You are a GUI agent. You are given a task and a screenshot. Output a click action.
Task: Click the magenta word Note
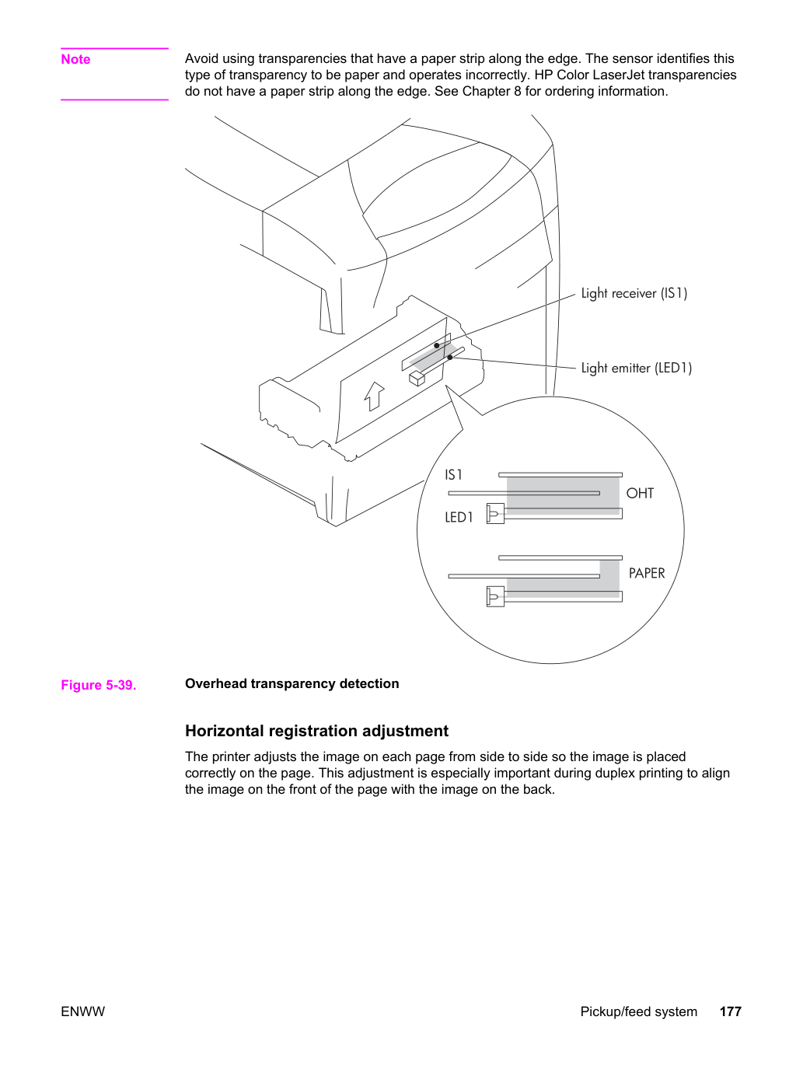75,59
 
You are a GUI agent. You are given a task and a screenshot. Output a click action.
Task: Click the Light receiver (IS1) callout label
634,293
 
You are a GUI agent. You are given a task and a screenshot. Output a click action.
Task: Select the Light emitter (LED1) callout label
637,368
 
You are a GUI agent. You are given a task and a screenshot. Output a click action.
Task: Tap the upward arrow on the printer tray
374,396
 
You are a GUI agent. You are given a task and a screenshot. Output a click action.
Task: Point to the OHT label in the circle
640,494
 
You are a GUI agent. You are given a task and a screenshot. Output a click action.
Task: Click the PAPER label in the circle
647,573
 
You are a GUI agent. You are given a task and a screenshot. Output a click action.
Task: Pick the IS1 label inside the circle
453,474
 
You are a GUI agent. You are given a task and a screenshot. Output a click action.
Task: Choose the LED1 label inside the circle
459,517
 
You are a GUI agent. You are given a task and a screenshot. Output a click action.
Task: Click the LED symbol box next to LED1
495,513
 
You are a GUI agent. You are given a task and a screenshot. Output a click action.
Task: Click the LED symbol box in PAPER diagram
495,596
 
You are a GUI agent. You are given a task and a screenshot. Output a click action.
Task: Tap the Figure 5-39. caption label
99,685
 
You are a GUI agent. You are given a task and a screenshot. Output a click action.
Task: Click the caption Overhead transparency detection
292,683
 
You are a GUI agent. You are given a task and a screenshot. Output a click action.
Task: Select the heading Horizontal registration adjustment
316,731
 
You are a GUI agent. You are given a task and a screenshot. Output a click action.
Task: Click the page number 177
731,1011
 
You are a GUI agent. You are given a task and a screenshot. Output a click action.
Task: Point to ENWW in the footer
82,1011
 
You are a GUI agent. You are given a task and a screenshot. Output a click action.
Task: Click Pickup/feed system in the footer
638,1011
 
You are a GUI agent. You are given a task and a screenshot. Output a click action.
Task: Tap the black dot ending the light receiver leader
437,345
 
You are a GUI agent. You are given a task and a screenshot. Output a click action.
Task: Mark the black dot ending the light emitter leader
450,357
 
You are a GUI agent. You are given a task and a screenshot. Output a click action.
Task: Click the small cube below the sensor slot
417,379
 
